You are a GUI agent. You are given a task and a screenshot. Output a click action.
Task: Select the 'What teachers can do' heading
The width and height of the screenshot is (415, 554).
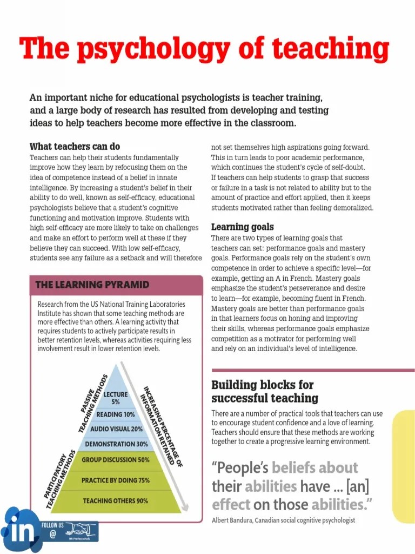pos(75,147)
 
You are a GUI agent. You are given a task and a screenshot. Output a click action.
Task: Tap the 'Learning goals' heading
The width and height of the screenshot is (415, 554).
pos(242,227)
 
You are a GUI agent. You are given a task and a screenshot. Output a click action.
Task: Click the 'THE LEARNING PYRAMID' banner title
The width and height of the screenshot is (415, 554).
pos(92,285)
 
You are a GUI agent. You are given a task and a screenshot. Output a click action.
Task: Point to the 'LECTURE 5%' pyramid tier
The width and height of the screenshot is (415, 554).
pos(116,398)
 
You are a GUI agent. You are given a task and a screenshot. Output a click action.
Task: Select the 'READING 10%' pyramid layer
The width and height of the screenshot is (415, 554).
pos(116,414)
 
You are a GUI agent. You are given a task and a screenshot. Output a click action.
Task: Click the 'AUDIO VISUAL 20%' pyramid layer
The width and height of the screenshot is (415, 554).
pos(116,429)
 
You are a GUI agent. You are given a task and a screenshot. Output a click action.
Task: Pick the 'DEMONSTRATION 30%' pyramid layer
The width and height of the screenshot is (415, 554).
pos(116,444)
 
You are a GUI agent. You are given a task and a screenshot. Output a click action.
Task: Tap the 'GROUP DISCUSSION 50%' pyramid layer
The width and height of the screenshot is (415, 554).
pos(116,460)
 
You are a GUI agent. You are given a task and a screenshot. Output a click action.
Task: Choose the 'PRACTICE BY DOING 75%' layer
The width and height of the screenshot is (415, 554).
pos(116,480)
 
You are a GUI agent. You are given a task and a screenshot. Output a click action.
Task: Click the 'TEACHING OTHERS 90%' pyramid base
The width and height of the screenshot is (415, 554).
pos(116,501)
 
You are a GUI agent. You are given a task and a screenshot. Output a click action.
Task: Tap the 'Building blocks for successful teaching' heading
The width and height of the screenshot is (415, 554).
pos(264,392)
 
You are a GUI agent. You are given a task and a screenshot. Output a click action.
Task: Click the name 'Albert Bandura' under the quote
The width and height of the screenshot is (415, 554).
pos(235,520)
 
